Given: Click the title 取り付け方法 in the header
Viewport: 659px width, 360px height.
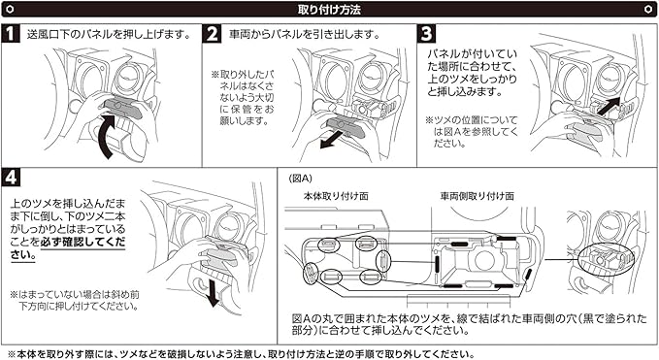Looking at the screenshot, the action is (329, 10).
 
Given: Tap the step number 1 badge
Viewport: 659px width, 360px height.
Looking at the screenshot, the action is (11, 34).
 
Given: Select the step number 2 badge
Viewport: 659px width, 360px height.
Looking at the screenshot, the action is (213, 34).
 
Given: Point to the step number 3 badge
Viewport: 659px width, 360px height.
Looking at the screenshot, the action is (426, 34).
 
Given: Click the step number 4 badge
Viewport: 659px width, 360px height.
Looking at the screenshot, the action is (11, 178).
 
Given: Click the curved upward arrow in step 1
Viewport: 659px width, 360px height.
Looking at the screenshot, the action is (104, 135).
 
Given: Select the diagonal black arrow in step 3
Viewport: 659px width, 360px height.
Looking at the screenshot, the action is (609, 106).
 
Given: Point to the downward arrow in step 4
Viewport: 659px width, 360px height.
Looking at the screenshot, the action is (214, 293).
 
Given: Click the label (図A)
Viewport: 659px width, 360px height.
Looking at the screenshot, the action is (300, 179).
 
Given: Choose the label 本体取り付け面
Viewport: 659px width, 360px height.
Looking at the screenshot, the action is (336, 196).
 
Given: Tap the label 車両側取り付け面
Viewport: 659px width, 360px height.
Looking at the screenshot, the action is (477, 196).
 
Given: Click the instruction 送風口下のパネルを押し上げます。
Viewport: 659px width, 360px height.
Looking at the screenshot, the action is (109, 34).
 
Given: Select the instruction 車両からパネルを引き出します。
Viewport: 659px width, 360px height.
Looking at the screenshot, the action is (305, 34).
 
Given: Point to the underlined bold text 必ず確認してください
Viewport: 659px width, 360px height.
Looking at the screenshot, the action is (68, 248).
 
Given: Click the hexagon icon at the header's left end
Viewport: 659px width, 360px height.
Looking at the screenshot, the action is (10, 10).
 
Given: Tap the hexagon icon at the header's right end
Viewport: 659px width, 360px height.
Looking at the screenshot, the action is (648, 10).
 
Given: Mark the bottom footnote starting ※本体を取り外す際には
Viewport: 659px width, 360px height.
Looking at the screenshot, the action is (241, 354).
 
